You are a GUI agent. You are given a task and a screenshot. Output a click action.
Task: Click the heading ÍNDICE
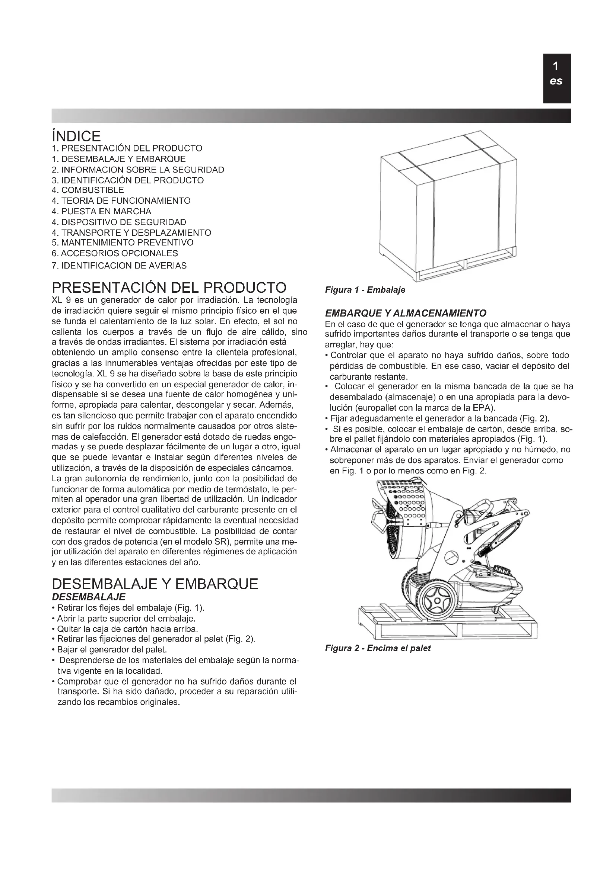coord(76,136)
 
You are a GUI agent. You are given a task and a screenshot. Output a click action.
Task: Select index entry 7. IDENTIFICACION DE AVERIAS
coord(119,266)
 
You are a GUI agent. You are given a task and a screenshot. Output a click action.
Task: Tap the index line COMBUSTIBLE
coord(88,190)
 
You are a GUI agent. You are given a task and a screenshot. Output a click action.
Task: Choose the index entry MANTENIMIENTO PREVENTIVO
coord(123,243)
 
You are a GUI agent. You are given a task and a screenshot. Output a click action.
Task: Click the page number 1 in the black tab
coord(556,67)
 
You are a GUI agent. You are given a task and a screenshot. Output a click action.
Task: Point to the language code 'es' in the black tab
coord(556,81)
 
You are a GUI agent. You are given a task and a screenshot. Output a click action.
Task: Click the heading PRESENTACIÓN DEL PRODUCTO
coord(169,288)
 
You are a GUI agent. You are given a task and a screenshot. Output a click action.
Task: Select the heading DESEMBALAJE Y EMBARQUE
coord(155,584)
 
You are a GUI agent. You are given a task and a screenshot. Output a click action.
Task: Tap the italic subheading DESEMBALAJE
coord(88,597)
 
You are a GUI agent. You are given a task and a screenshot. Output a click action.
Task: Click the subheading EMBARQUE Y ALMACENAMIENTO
coord(406,313)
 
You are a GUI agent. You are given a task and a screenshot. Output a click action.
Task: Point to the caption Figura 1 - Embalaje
coord(365,290)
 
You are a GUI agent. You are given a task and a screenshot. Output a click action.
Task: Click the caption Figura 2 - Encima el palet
coord(377,648)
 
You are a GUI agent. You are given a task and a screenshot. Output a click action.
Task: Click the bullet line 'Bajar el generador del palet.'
coord(112,650)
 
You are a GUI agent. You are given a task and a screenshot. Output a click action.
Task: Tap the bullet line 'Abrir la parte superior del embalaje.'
coord(126,619)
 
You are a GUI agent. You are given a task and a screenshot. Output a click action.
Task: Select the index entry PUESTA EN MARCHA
coord(101,211)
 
